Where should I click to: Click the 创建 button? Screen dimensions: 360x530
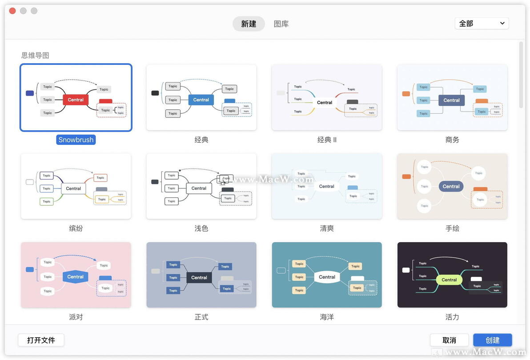pos(492,340)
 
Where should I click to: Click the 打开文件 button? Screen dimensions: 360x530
pos(41,340)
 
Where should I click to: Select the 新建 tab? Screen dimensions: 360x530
pos(249,24)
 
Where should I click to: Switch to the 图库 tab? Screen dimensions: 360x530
pos(281,24)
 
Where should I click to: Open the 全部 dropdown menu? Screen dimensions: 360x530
pos(482,24)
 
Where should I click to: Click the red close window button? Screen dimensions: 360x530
pos(12,11)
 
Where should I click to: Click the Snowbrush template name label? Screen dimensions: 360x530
pos(76,140)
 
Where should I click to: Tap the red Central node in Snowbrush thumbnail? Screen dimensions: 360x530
pos(76,100)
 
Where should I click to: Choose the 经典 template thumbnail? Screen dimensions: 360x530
pos(201,97)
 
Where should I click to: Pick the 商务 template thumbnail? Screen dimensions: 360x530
pos(452,97)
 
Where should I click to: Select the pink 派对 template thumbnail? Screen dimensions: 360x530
pos(76,275)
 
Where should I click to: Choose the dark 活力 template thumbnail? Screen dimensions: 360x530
pos(452,275)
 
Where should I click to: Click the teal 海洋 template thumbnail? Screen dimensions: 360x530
pos(327,275)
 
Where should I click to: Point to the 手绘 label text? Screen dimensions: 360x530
pos(452,228)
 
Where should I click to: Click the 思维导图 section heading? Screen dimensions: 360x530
pos(35,56)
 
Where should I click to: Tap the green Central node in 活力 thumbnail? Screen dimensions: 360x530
pos(449,280)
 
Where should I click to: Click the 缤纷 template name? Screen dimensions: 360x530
pos(76,228)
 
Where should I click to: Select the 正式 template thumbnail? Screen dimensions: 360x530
pos(201,275)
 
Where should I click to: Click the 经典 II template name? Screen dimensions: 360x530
pos(327,140)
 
